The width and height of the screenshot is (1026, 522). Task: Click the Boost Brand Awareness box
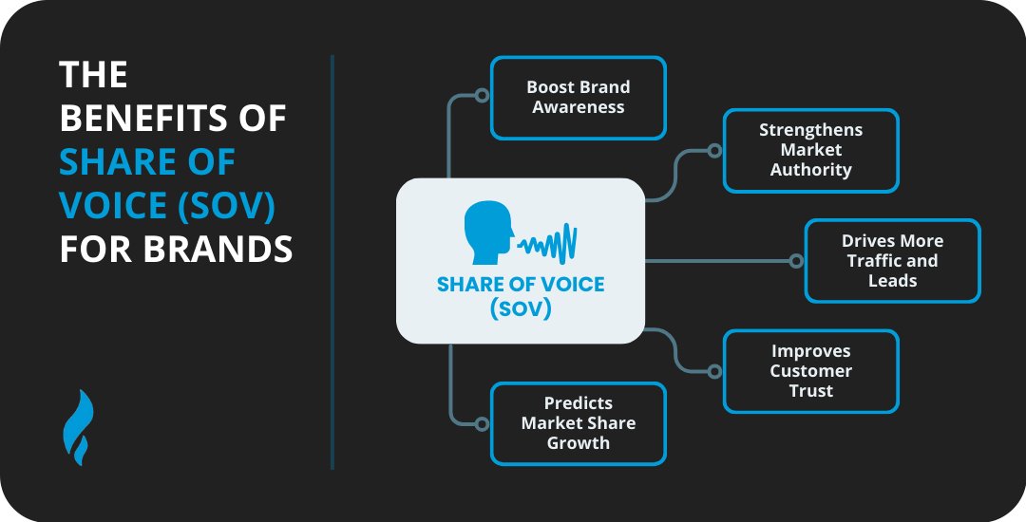point(578,98)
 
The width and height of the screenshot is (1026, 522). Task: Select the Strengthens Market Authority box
point(810,151)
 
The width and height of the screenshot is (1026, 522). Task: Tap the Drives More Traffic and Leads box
point(892,261)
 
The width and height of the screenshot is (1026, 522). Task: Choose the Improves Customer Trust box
point(810,371)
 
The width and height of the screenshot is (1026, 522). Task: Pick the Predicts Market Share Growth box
point(578,423)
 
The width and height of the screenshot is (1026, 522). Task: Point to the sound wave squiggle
point(548,243)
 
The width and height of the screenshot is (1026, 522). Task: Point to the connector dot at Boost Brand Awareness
point(482,96)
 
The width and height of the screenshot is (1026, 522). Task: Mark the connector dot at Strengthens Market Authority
point(714,150)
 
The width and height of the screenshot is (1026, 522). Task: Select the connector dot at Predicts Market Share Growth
point(482,423)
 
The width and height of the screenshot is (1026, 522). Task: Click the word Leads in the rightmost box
point(892,281)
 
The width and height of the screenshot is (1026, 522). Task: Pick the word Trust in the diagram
point(810,391)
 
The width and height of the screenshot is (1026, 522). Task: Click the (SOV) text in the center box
point(520,308)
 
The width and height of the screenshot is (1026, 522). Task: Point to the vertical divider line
point(332,261)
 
